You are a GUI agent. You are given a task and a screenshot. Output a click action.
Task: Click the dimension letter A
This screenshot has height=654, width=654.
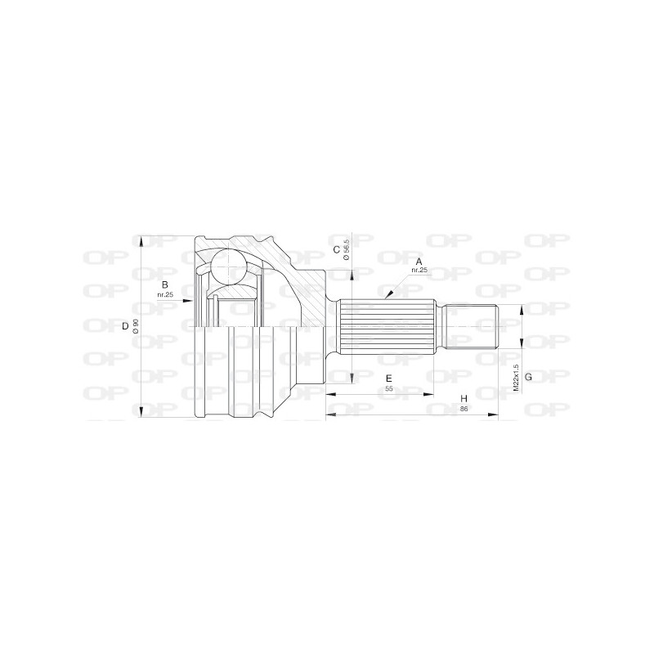419,262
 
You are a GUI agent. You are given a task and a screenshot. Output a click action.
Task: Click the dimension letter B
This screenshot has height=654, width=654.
165,284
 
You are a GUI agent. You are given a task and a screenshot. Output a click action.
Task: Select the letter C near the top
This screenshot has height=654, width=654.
336,250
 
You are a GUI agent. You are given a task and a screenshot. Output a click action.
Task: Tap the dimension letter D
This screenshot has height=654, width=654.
125,326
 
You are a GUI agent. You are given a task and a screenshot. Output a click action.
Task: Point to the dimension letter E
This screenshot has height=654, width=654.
389,379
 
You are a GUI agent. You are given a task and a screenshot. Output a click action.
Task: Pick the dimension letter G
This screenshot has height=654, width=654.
528,377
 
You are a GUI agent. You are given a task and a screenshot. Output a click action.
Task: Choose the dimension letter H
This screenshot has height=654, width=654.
464,398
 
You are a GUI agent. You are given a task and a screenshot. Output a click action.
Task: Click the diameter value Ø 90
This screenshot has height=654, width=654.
135,326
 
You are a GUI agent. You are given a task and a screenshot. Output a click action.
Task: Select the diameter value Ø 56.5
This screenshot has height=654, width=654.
346,250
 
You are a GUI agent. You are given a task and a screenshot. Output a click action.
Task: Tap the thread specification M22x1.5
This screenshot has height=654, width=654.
516,378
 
